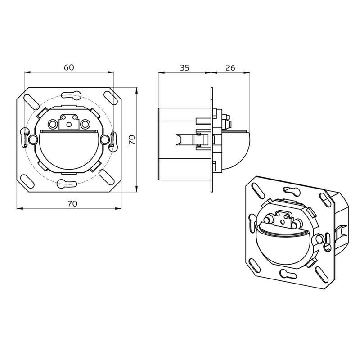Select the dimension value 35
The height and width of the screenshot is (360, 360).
pos(184,68)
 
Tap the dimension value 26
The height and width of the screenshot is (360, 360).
pos(230,68)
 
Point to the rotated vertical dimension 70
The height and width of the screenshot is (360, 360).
pos(132,140)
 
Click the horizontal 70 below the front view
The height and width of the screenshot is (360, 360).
pos(72,203)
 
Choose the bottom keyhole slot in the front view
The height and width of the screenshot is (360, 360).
pos(67,184)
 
